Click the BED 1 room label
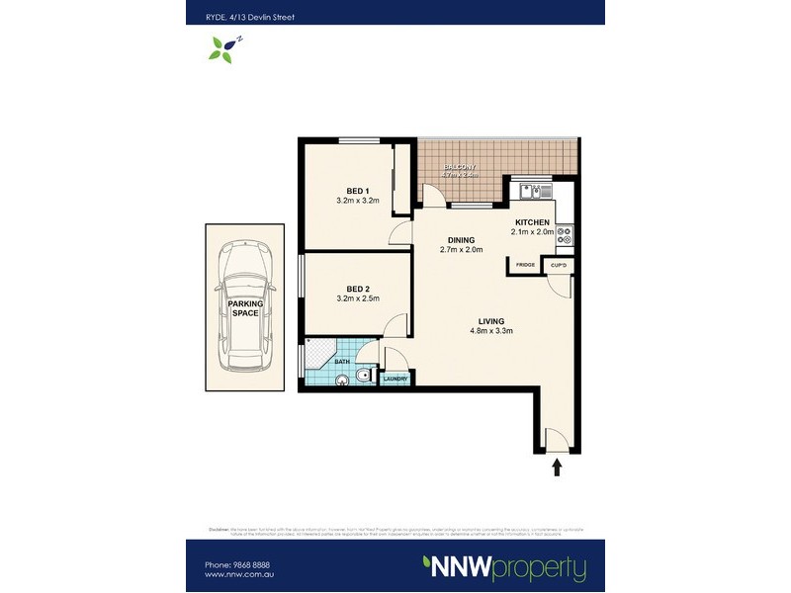point(358,191)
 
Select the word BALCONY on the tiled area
point(460,167)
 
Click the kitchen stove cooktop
point(566,236)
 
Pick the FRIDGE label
point(525,265)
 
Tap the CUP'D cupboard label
point(558,265)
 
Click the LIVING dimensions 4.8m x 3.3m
point(491,330)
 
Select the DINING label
point(461,240)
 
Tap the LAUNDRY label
point(395,379)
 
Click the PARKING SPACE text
point(244,308)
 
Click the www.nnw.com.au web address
point(238,575)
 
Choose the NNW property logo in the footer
point(504,568)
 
